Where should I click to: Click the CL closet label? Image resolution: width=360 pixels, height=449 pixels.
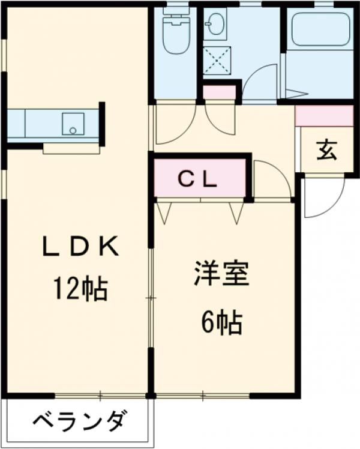[199, 179]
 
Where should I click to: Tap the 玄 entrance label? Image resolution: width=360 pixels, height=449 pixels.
[327, 150]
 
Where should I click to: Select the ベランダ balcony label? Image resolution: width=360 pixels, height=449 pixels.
[79, 421]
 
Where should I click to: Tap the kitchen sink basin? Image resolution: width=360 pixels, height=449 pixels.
[73, 124]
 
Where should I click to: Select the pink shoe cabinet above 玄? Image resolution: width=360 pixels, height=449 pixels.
[325, 116]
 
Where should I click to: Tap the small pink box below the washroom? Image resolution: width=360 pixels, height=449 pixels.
[220, 93]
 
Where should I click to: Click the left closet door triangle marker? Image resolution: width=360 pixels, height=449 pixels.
[164, 211]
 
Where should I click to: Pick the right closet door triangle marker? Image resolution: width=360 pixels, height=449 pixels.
[237, 211]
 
